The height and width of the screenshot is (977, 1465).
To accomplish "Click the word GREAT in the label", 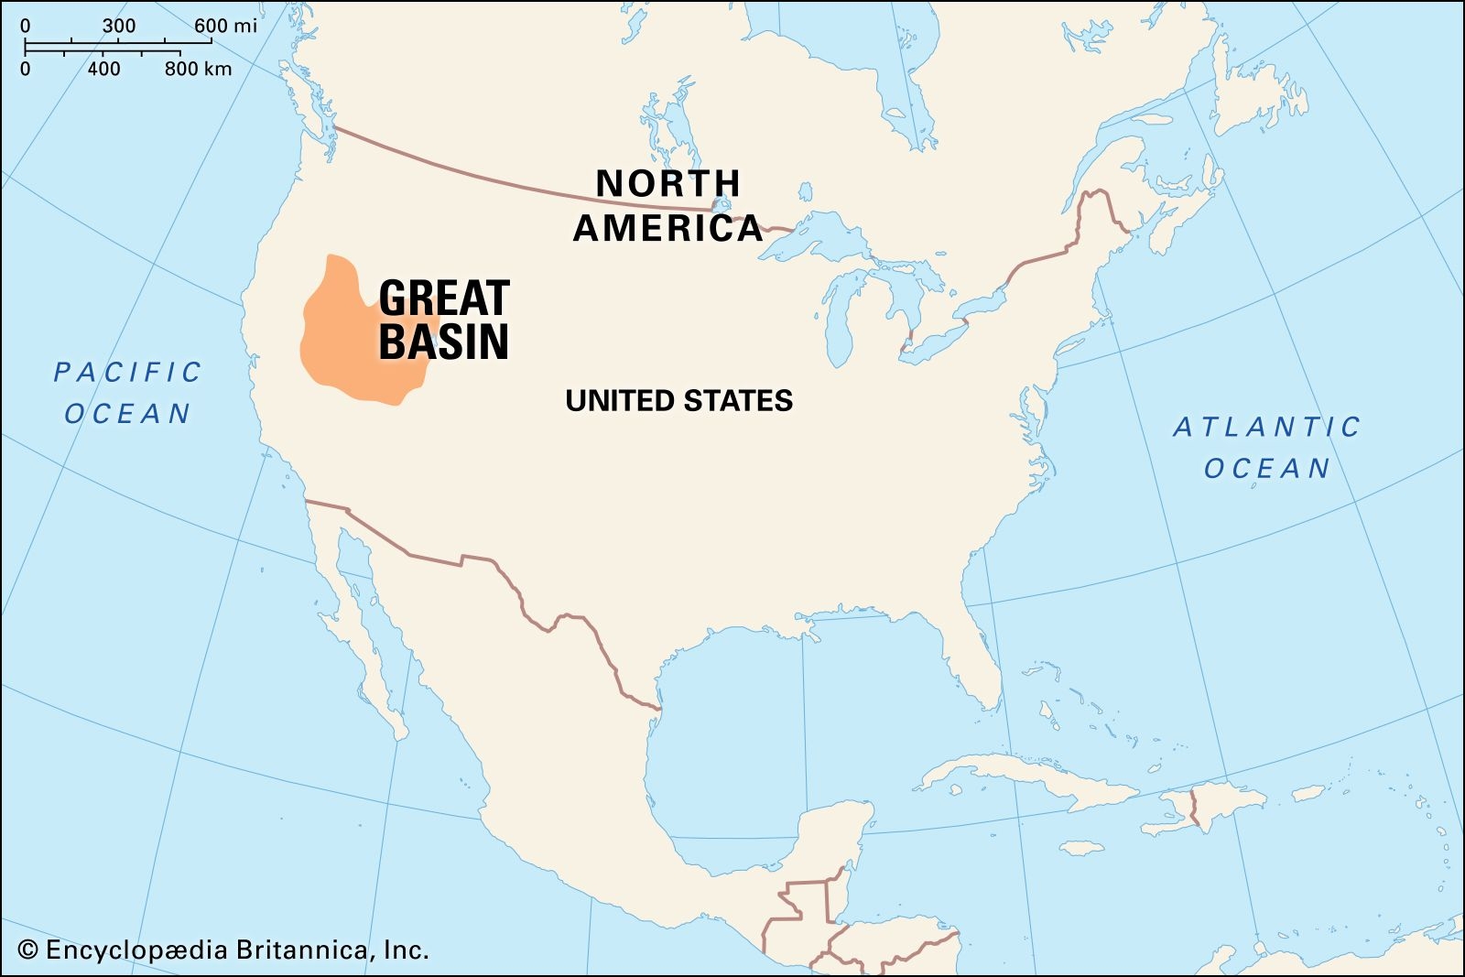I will click(444, 299).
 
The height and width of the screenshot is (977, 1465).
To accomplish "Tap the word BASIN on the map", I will click(444, 342).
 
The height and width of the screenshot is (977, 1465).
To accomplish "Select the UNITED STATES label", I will click(678, 401).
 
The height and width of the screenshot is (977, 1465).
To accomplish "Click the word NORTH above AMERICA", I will click(667, 184).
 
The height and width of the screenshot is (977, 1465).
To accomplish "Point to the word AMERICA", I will click(667, 228).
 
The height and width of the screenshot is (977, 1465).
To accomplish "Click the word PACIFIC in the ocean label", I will click(127, 373).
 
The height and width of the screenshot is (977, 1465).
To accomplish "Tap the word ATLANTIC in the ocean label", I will click(1267, 427).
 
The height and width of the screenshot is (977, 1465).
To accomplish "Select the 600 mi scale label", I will click(225, 26).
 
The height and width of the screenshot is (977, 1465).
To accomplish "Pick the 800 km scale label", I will click(199, 69).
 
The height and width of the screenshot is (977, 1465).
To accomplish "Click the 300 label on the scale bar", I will click(119, 26).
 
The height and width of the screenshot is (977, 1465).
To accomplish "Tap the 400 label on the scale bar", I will click(103, 69).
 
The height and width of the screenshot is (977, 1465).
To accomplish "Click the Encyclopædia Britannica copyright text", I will click(224, 950).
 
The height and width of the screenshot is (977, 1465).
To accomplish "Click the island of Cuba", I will click(1016, 778).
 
